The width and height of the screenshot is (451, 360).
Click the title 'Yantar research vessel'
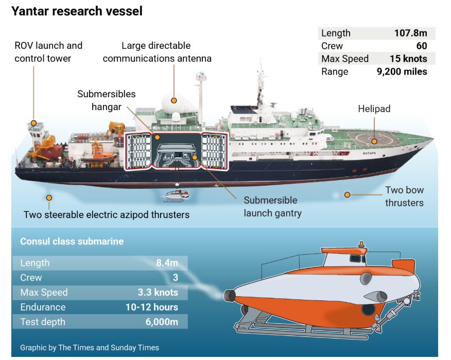pyautogui.click(x=77, y=10)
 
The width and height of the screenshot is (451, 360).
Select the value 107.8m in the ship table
pyautogui.click(x=410, y=33)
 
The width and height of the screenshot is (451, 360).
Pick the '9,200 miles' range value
pyautogui.click(x=402, y=71)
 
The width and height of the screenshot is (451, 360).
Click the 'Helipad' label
pyautogui.click(x=374, y=109)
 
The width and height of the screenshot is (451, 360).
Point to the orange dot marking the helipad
pyautogui.click(x=374, y=141)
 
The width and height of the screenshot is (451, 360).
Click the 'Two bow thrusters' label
pyautogui.click(x=404, y=196)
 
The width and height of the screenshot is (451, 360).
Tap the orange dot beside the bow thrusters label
pyautogui.click(x=348, y=195)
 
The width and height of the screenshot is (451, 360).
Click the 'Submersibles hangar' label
pyautogui.click(x=107, y=100)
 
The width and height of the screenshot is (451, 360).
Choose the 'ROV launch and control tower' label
pyautogui.click(x=48, y=52)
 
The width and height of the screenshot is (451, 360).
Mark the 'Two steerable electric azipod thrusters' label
pyautogui.click(x=107, y=214)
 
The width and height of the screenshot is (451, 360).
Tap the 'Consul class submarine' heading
pyautogui.click(x=72, y=241)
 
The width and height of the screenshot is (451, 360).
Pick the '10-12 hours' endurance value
pyautogui.click(x=151, y=308)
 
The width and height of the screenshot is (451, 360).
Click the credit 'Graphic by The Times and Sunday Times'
pyautogui.click(x=90, y=348)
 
